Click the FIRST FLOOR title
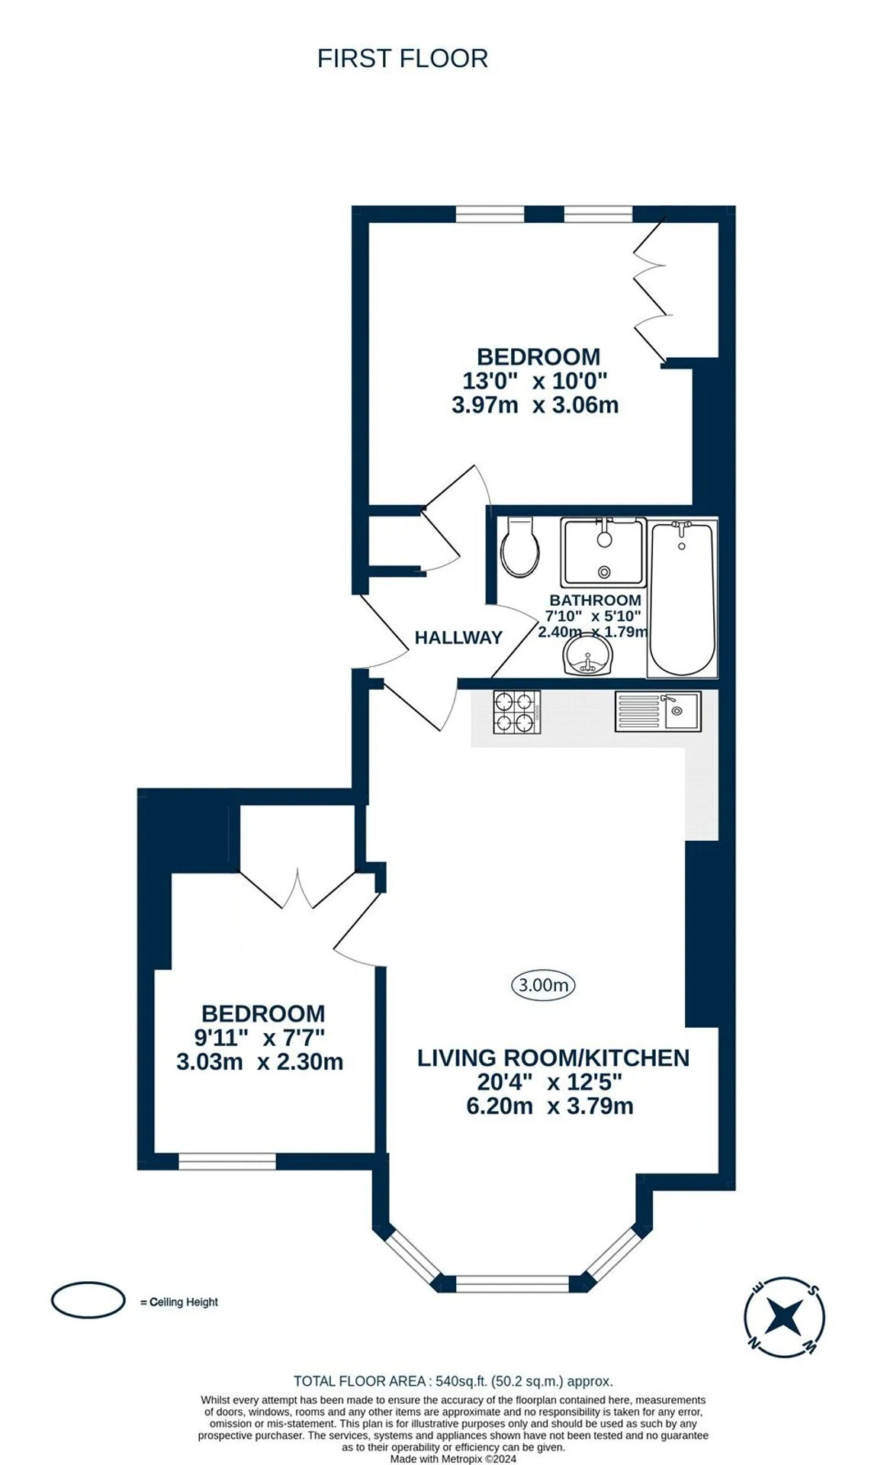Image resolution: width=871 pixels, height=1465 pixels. click(x=402, y=59)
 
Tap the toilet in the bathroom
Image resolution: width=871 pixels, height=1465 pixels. click(x=520, y=547)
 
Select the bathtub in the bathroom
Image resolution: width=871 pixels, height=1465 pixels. click(x=682, y=597)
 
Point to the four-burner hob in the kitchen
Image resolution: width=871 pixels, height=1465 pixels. click(x=516, y=712)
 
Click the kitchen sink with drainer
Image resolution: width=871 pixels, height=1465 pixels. click(x=657, y=711)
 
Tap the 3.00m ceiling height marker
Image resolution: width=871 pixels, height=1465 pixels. click(x=543, y=985)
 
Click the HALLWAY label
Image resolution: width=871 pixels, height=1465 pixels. click(x=458, y=637)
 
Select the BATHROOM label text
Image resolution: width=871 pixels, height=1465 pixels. click(x=595, y=600)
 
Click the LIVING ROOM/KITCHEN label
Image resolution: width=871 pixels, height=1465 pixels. click(x=553, y=1058)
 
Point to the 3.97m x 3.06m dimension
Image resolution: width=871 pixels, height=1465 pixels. click(x=535, y=404)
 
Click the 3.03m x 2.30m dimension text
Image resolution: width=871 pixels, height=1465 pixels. click(x=259, y=1061)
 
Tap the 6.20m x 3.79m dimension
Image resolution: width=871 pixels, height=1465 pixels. click(x=550, y=1106)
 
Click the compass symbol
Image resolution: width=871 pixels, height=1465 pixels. click(x=784, y=1318)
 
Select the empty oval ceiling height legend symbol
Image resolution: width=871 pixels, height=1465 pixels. click(x=88, y=1300)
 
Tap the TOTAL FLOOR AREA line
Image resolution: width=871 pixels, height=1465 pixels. click(x=453, y=1381)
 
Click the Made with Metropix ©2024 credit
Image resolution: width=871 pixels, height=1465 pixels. click(x=453, y=1459)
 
